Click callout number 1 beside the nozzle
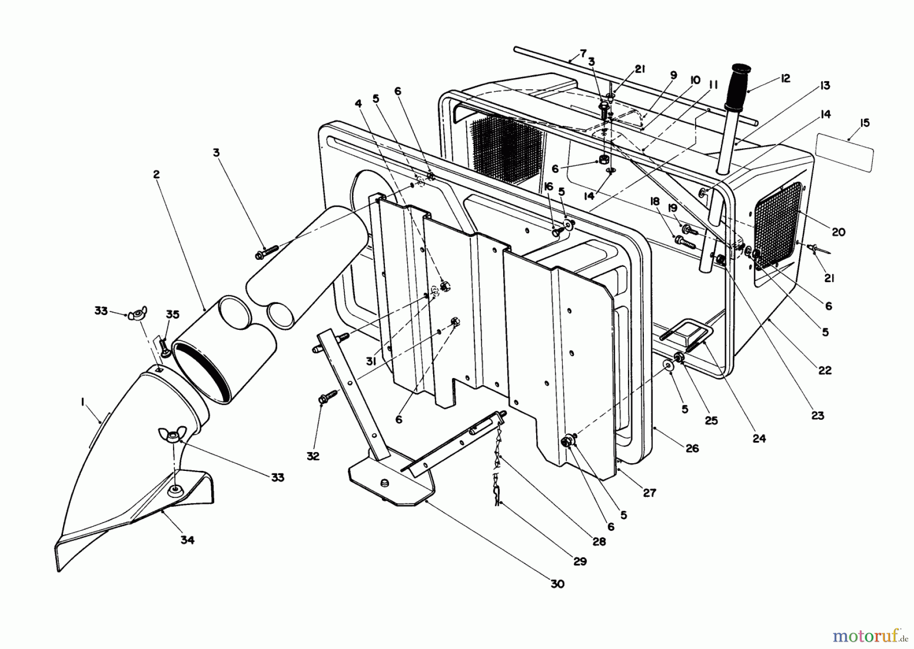coord(82,401)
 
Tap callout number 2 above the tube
coord(156,175)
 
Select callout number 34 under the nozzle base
coord(187,540)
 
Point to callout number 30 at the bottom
coord(557,584)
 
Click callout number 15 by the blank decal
coord(865,123)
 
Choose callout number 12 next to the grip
coord(785,79)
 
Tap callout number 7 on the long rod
coord(583,53)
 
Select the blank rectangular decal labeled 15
coord(844,152)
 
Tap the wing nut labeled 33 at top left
coord(135,315)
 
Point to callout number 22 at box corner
coord(825,370)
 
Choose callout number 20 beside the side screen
coord(838,231)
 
